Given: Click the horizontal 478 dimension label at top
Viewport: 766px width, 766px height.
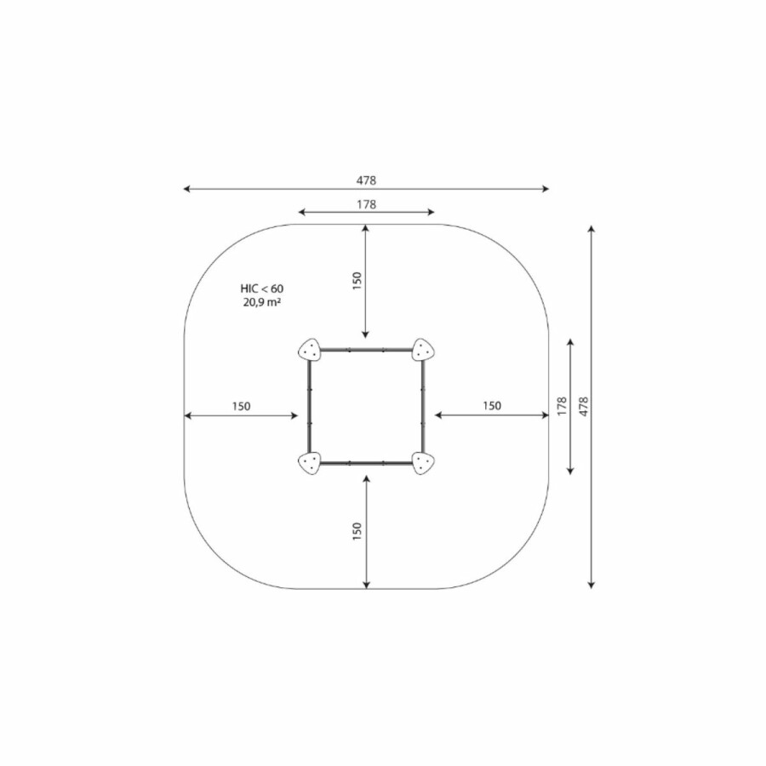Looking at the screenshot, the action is click(366, 180).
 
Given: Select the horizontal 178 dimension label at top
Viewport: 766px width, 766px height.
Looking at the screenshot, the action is click(366, 204).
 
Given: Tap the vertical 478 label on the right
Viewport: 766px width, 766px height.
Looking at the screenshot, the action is click(584, 407).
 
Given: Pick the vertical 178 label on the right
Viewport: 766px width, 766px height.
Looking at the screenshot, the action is click(562, 407).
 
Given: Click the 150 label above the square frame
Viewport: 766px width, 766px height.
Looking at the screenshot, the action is click(357, 282).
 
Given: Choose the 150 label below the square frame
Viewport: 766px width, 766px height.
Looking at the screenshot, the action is click(357, 531).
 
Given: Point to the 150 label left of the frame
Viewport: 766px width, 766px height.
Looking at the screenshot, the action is click(241, 406).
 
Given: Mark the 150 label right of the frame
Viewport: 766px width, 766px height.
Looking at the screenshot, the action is click(492, 405).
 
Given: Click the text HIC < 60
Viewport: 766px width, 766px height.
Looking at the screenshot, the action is click(262, 289).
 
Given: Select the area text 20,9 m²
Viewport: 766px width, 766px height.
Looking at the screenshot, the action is click(262, 302).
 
